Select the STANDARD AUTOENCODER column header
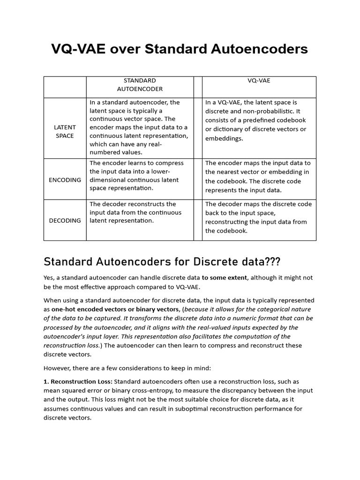tap(140, 84)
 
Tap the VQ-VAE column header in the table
tap(259, 81)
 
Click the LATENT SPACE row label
tap(65, 131)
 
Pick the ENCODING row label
tap(65, 180)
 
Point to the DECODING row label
tap(65, 220)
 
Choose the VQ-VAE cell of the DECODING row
tap(258, 217)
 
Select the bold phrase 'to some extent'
tap(225, 277)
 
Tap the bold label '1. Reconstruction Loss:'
tap(78, 382)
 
